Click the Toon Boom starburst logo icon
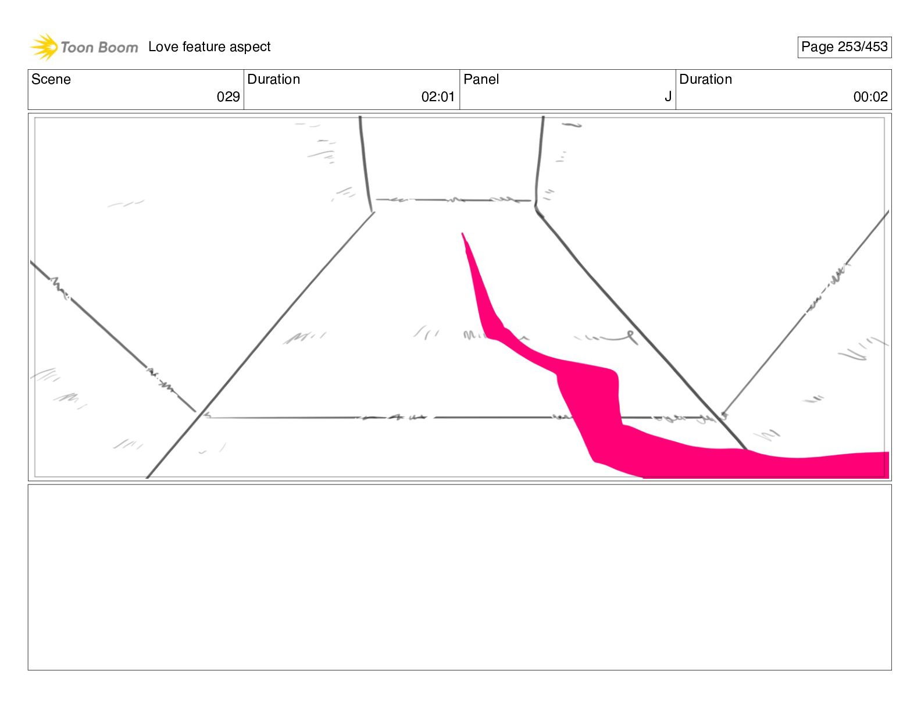(x=44, y=47)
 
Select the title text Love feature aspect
(x=209, y=47)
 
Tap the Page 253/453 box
(x=844, y=47)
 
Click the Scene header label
(x=51, y=80)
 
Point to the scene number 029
(x=228, y=97)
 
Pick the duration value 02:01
(x=437, y=97)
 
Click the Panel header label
(x=481, y=80)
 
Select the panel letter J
(x=668, y=97)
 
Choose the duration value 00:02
(x=870, y=97)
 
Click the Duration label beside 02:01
(x=274, y=80)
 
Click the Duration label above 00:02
(x=705, y=80)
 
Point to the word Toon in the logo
(x=77, y=48)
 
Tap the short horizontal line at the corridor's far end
(x=454, y=200)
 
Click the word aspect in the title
(x=250, y=47)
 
